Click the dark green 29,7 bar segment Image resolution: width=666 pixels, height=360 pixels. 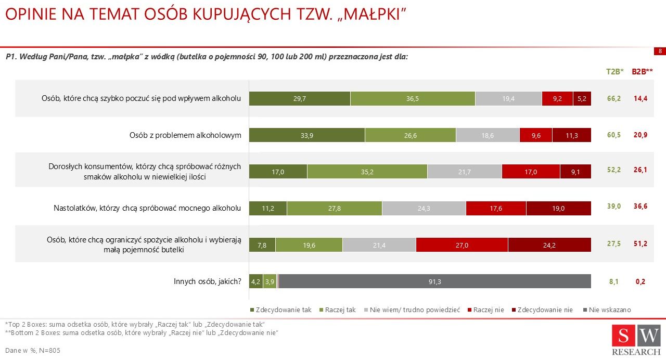[299, 98]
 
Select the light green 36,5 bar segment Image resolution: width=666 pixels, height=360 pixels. [413, 98]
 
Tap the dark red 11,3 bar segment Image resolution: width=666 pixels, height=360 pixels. [572, 135]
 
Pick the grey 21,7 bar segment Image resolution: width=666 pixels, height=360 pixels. [465, 172]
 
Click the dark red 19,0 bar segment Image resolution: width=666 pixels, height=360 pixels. [558, 208]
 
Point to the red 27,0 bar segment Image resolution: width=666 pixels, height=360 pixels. [462, 245]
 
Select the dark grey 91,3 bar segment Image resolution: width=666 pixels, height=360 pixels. [435, 281]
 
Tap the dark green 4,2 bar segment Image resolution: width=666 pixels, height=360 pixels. [256, 281]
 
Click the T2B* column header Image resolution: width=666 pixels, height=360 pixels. [614, 72]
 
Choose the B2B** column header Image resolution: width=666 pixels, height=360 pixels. [642, 72]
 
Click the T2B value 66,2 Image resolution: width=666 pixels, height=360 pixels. [614, 98]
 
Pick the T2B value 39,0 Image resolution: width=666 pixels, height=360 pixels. [614, 207]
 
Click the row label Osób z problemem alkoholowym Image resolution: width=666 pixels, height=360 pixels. [185, 135]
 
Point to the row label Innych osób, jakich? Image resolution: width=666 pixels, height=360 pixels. [207, 281]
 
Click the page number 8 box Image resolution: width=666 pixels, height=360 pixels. [660, 51]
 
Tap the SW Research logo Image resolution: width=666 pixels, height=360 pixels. [636, 339]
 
